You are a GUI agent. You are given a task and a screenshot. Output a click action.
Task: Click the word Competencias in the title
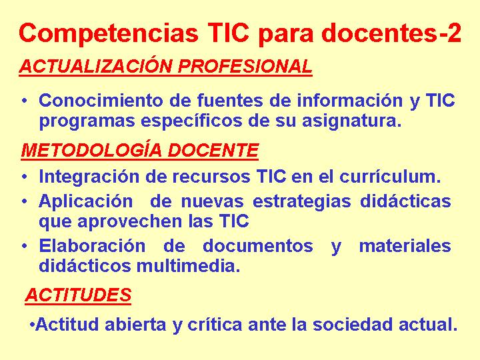click(x=109, y=33)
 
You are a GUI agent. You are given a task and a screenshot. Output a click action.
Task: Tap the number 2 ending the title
click(x=454, y=33)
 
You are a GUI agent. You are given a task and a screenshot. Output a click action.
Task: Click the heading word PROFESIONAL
click(x=245, y=66)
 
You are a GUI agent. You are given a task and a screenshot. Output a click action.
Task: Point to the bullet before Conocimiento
click(x=25, y=101)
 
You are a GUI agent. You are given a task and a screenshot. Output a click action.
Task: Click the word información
click(x=349, y=100)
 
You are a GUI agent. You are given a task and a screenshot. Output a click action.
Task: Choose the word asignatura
click(x=351, y=121)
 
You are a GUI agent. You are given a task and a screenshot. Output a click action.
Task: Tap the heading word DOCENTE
click(x=213, y=150)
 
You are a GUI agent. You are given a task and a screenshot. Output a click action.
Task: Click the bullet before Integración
click(x=25, y=177)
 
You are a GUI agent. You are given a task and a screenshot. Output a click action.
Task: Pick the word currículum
click(x=390, y=177)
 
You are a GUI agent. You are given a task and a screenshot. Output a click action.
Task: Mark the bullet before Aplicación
click(x=25, y=201)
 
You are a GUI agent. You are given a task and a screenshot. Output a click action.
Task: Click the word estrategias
click(x=301, y=202)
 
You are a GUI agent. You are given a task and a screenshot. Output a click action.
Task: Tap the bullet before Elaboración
click(x=25, y=246)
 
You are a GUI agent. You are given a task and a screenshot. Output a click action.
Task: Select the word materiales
click(x=405, y=246)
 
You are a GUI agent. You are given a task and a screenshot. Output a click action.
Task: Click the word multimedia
click(x=188, y=266)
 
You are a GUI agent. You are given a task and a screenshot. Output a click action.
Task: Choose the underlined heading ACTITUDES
click(x=78, y=295)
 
